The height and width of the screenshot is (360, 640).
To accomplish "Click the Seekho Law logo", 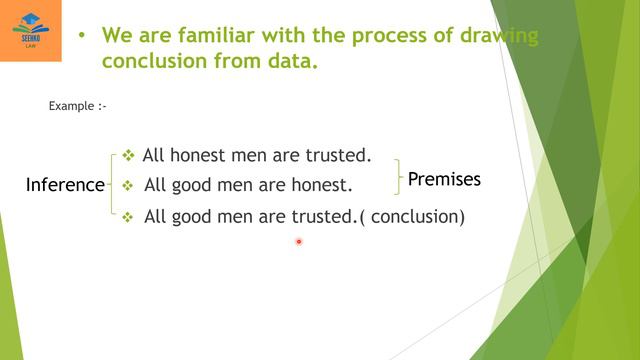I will pos(30,30).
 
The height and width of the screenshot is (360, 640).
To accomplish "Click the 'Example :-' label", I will pos(77,105).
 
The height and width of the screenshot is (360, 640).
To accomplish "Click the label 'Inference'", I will pos(65,185).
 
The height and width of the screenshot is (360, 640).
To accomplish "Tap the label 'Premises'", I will pos(444,180).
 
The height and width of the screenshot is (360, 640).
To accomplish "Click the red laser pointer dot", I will pos(298,241).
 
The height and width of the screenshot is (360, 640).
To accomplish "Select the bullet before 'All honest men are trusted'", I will pos(128,155).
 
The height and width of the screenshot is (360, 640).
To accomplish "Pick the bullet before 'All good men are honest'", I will pos(127,185).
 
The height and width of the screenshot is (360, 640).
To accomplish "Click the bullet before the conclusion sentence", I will pos(127,216).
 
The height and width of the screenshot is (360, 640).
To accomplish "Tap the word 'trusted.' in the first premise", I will pos(339,155).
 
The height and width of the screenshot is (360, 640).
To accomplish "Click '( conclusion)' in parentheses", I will pos(411,216).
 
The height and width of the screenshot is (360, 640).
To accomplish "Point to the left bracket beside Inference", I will pos(111,184).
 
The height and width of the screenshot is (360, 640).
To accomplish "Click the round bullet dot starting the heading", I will pos(81,37).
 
